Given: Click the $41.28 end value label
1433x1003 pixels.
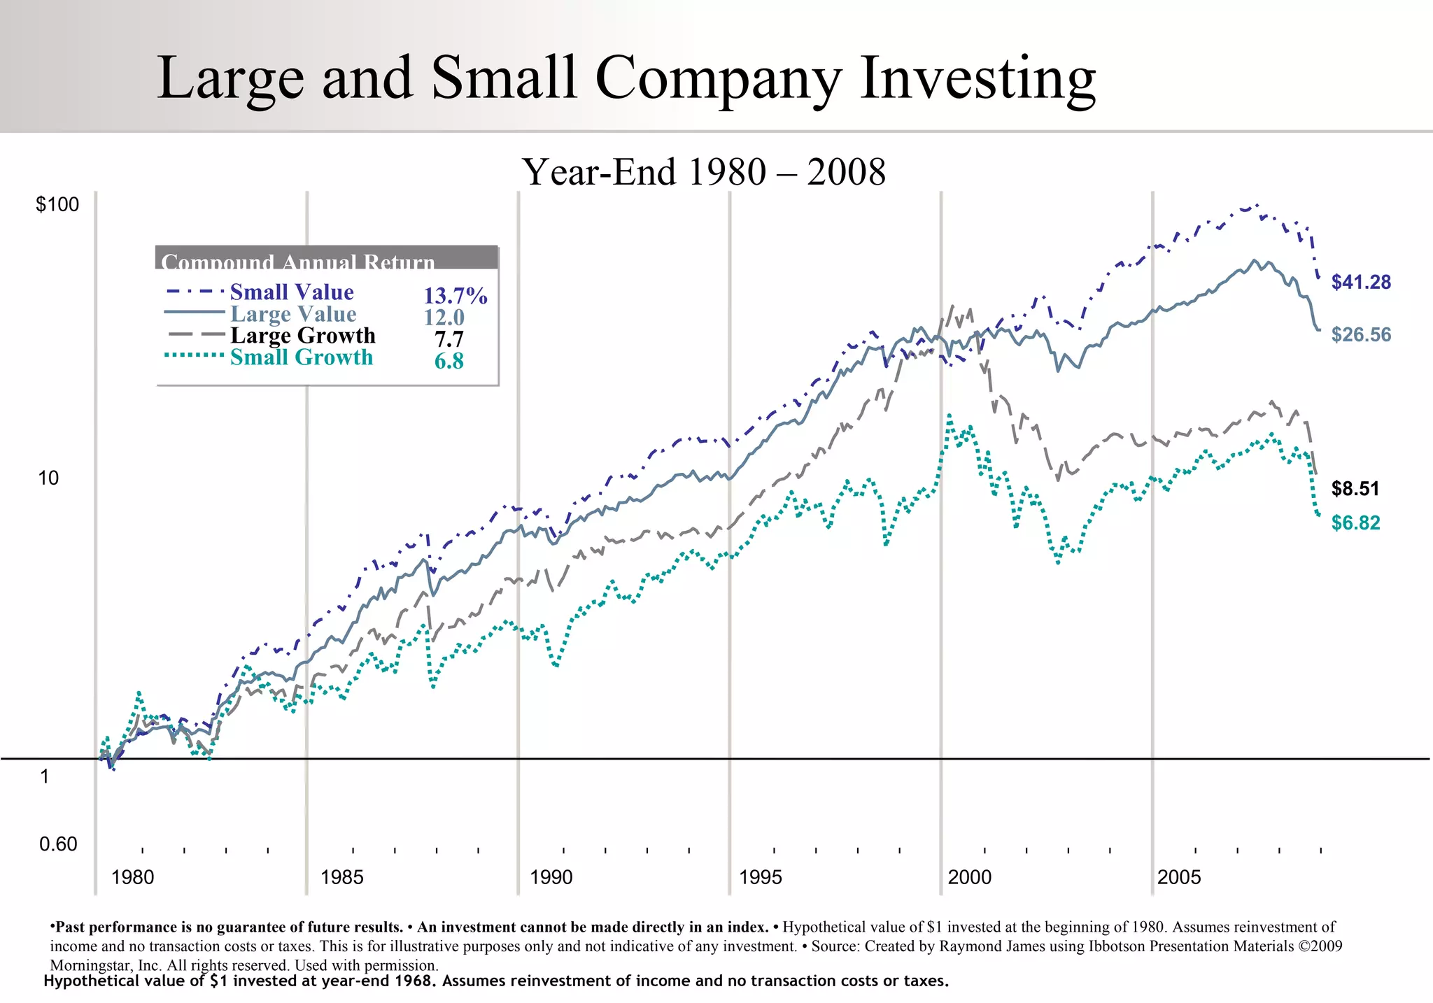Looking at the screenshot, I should (1361, 283).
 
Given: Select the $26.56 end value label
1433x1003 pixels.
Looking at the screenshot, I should (1361, 335).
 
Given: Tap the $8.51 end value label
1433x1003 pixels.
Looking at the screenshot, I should (1355, 489).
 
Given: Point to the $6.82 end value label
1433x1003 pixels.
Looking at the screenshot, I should (1355, 523).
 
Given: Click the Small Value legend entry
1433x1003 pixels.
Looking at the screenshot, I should (292, 292).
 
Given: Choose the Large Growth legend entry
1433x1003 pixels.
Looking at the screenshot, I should (303, 336).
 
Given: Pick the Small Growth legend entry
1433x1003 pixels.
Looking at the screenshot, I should (302, 357).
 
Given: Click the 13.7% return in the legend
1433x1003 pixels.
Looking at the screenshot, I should (456, 296).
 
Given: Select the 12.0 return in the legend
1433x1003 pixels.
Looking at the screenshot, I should (444, 318).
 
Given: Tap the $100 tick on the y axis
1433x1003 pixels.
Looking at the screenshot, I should (57, 205).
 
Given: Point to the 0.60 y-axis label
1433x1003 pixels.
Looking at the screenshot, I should (58, 844).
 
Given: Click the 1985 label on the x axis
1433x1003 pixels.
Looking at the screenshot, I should (341, 877).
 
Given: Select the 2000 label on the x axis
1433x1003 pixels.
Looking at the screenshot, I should (969, 877).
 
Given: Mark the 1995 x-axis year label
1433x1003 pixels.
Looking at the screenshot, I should (760, 877).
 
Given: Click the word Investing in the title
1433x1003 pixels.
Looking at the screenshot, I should (977, 78).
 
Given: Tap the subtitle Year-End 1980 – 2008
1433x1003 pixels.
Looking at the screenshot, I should (704, 172).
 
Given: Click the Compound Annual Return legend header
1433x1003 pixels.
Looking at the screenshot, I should (298, 262).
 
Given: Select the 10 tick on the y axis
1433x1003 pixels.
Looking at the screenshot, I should (48, 478).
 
